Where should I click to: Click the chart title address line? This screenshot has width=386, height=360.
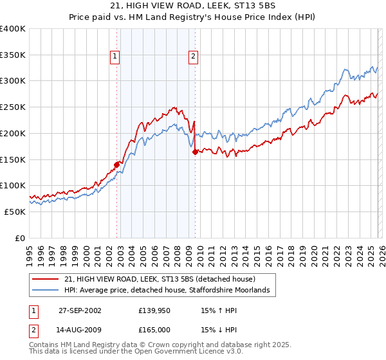click(x=193, y=6)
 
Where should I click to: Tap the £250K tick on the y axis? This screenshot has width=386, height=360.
click(x=13, y=107)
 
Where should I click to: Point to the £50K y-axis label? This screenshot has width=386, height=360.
click(x=15, y=212)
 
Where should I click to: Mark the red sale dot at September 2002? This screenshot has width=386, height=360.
click(x=117, y=164)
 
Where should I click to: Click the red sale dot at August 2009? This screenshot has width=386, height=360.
click(x=195, y=152)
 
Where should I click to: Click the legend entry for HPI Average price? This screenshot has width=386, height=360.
click(x=160, y=291)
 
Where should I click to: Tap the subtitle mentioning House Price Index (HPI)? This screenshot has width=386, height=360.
click(x=193, y=18)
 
